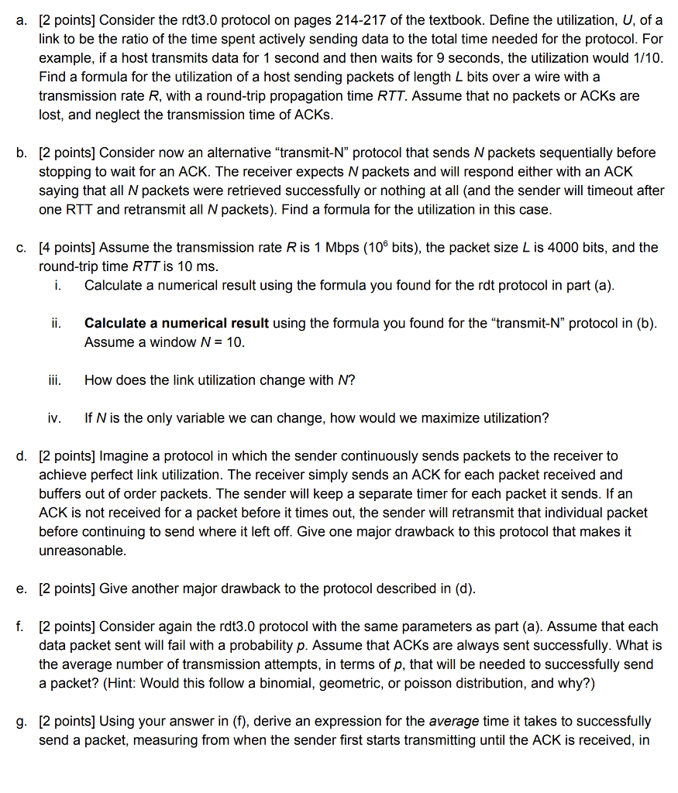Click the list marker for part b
point(22,153)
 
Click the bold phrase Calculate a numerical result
point(177,323)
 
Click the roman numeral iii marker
point(54,380)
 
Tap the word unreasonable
point(81,551)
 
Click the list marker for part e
point(22,589)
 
